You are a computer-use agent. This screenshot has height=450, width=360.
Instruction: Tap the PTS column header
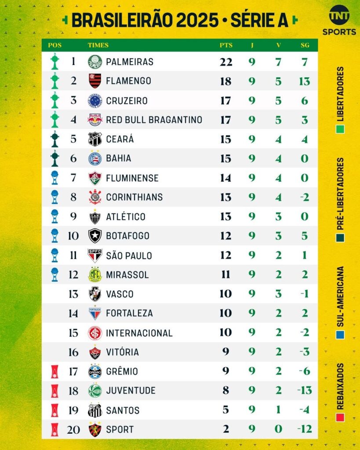point(226,45)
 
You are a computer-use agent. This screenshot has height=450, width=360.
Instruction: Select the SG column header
point(305,45)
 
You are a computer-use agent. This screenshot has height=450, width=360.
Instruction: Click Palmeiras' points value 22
point(226,62)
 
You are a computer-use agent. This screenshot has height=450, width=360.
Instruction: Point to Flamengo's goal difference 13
point(304,81)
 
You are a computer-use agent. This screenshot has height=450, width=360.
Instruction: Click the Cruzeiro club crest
point(95,101)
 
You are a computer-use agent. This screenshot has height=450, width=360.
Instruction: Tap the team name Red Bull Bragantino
point(154,120)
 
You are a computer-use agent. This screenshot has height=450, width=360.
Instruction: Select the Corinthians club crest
point(95,197)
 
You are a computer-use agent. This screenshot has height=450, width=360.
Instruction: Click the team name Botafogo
point(127,236)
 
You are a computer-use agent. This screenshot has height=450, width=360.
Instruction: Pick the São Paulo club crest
point(95,255)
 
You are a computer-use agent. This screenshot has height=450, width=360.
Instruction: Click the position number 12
point(73,275)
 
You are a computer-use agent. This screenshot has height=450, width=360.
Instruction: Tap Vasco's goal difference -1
point(304,294)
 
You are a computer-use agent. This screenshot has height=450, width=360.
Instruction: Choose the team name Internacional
point(139,333)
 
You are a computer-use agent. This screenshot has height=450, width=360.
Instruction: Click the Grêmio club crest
point(95,372)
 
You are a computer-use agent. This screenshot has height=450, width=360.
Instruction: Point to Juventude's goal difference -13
point(304,391)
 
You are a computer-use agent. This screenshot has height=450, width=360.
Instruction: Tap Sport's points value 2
point(226,429)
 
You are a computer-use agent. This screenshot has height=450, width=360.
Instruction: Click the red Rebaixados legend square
point(340,417)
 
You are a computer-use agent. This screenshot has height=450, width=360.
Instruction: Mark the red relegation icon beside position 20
point(55,429)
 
